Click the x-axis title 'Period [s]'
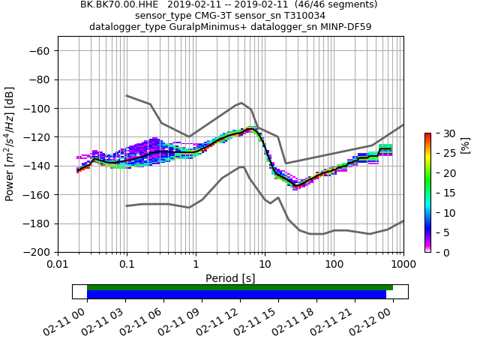[x=230, y=278]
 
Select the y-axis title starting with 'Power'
[x=10, y=151]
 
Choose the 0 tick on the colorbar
[x=439, y=253]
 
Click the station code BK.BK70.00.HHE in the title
[x=120, y=4]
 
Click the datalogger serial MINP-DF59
[x=343, y=27]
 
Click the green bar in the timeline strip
[x=240, y=287]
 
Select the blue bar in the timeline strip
[x=236, y=295]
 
